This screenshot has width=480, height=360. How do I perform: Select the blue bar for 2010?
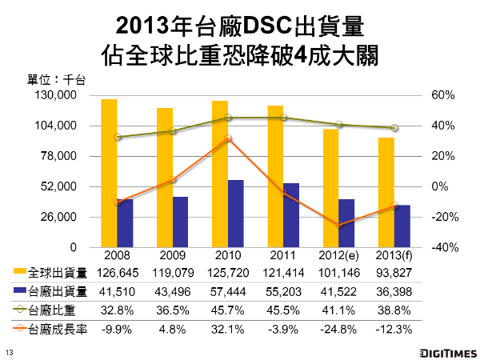pos(236,214)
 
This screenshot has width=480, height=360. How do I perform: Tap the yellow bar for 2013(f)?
pos(386,192)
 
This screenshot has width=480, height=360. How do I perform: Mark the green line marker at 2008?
pos(118,137)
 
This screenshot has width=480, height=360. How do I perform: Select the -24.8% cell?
pos(338,328)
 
